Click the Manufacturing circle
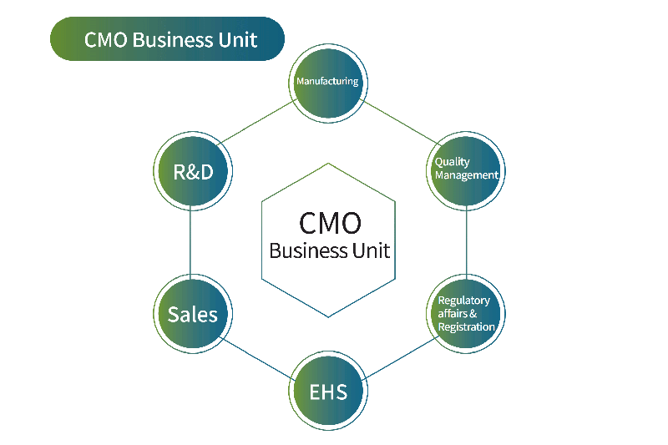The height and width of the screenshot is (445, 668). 328,83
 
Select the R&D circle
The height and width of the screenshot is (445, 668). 193,171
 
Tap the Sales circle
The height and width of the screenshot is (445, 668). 193,314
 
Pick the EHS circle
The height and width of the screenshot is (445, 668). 328,391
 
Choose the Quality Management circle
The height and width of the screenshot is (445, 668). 466,171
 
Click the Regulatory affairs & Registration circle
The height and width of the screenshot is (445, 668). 466,314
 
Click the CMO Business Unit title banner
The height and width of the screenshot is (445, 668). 167,38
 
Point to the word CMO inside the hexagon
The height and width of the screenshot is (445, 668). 330,223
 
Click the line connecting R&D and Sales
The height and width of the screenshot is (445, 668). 190,242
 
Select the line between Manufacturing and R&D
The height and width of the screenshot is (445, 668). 258,122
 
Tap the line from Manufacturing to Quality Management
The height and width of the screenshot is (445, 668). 400,123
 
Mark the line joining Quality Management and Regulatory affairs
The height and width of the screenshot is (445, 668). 466,242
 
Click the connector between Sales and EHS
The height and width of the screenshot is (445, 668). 257,359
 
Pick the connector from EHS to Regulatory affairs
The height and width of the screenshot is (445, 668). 401,358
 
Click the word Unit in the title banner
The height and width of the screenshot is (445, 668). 238,40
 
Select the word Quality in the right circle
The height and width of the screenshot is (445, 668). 452,162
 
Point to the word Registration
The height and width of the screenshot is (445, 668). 467,327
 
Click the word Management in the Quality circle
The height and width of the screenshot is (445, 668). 467,175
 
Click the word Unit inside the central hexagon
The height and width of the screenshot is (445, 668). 371,250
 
